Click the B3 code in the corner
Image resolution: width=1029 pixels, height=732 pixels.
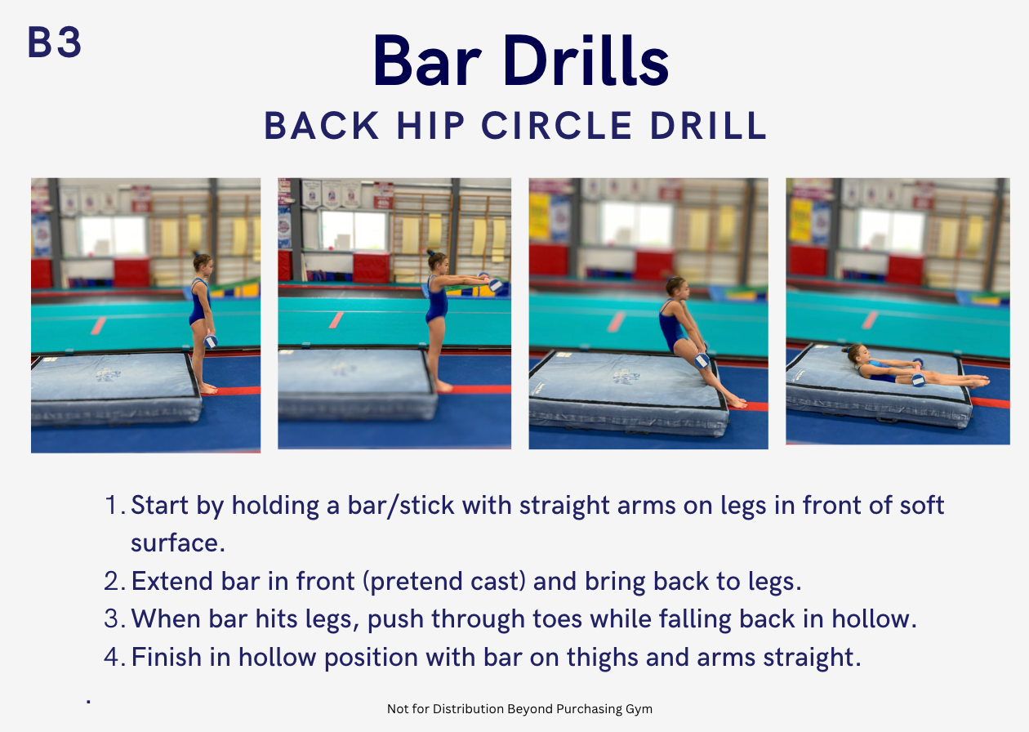[55, 42]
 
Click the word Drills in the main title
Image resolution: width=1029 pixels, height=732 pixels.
[586, 60]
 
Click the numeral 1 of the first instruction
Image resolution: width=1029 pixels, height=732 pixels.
[112, 505]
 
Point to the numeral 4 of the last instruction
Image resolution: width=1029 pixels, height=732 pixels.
[112, 657]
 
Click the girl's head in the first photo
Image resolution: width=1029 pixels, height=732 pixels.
[203, 264]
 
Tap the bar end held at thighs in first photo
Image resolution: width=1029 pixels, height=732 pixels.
[211, 341]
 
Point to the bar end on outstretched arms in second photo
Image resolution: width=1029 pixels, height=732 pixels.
[495, 285]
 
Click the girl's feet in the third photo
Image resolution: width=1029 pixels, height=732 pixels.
[737, 403]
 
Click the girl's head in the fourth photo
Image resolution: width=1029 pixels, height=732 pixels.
[855, 353]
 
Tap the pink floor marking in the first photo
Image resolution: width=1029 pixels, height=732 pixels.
[99, 325]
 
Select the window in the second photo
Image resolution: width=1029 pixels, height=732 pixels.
[354, 230]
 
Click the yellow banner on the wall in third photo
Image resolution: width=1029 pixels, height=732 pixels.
[539, 216]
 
